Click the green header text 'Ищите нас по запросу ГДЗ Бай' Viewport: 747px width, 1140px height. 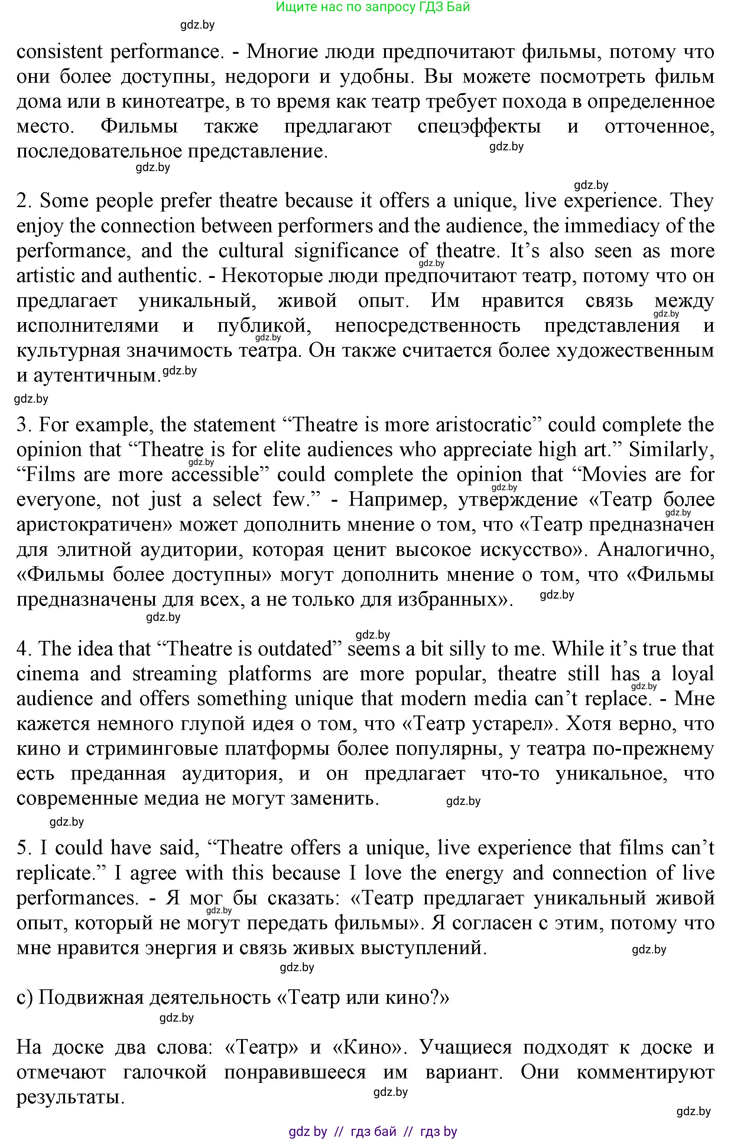pos(373,7)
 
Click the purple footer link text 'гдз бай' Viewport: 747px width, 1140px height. pos(374,1132)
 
